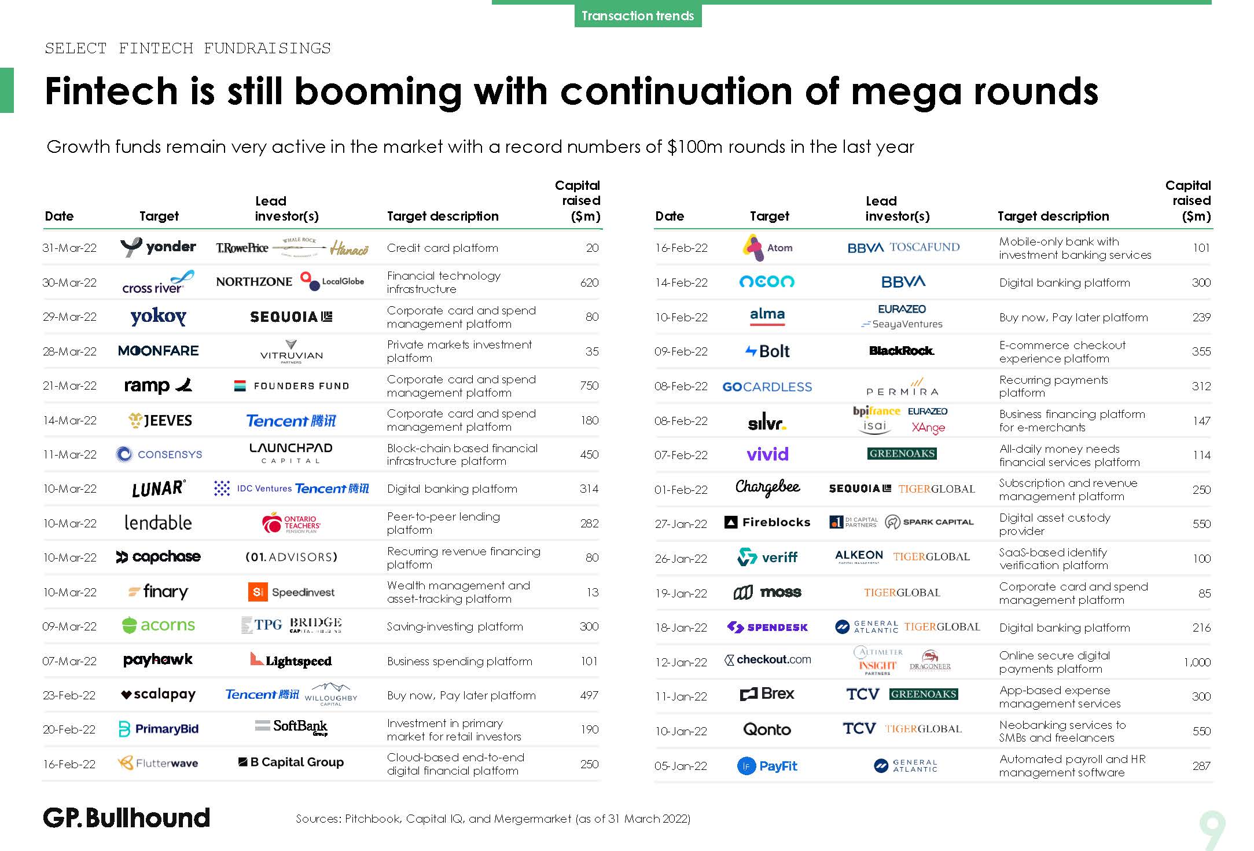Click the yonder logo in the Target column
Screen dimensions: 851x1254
pyautogui.click(x=158, y=247)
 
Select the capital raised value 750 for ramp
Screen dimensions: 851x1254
pyautogui.click(x=589, y=386)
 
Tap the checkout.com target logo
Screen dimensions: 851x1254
pyautogui.click(x=767, y=660)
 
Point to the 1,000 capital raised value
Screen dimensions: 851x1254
pyautogui.click(x=1197, y=662)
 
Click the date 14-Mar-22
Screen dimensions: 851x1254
pyautogui.click(x=69, y=420)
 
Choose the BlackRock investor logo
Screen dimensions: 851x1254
pyautogui.click(x=902, y=351)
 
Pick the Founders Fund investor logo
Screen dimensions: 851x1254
pyautogui.click(x=292, y=386)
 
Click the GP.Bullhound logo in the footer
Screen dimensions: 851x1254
pyautogui.click(x=126, y=818)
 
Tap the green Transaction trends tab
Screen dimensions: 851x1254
pyautogui.click(x=638, y=16)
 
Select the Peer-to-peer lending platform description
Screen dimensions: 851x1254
pyautogui.click(x=443, y=523)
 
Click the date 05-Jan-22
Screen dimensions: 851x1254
pyautogui.click(x=681, y=766)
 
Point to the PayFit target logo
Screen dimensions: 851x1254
pyautogui.click(x=767, y=766)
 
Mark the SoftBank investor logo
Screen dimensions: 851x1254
pyautogui.click(x=292, y=727)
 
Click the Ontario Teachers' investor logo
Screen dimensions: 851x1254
pyautogui.click(x=291, y=523)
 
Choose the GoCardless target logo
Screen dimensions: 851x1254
pyautogui.click(x=767, y=387)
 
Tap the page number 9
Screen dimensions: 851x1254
pyautogui.click(x=1212, y=830)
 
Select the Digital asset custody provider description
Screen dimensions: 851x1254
pyautogui.click(x=1054, y=524)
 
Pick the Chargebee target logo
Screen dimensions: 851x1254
pyautogui.click(x=767, y=488)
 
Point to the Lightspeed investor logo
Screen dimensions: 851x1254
pyautogui.click(x=291, y=660)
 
